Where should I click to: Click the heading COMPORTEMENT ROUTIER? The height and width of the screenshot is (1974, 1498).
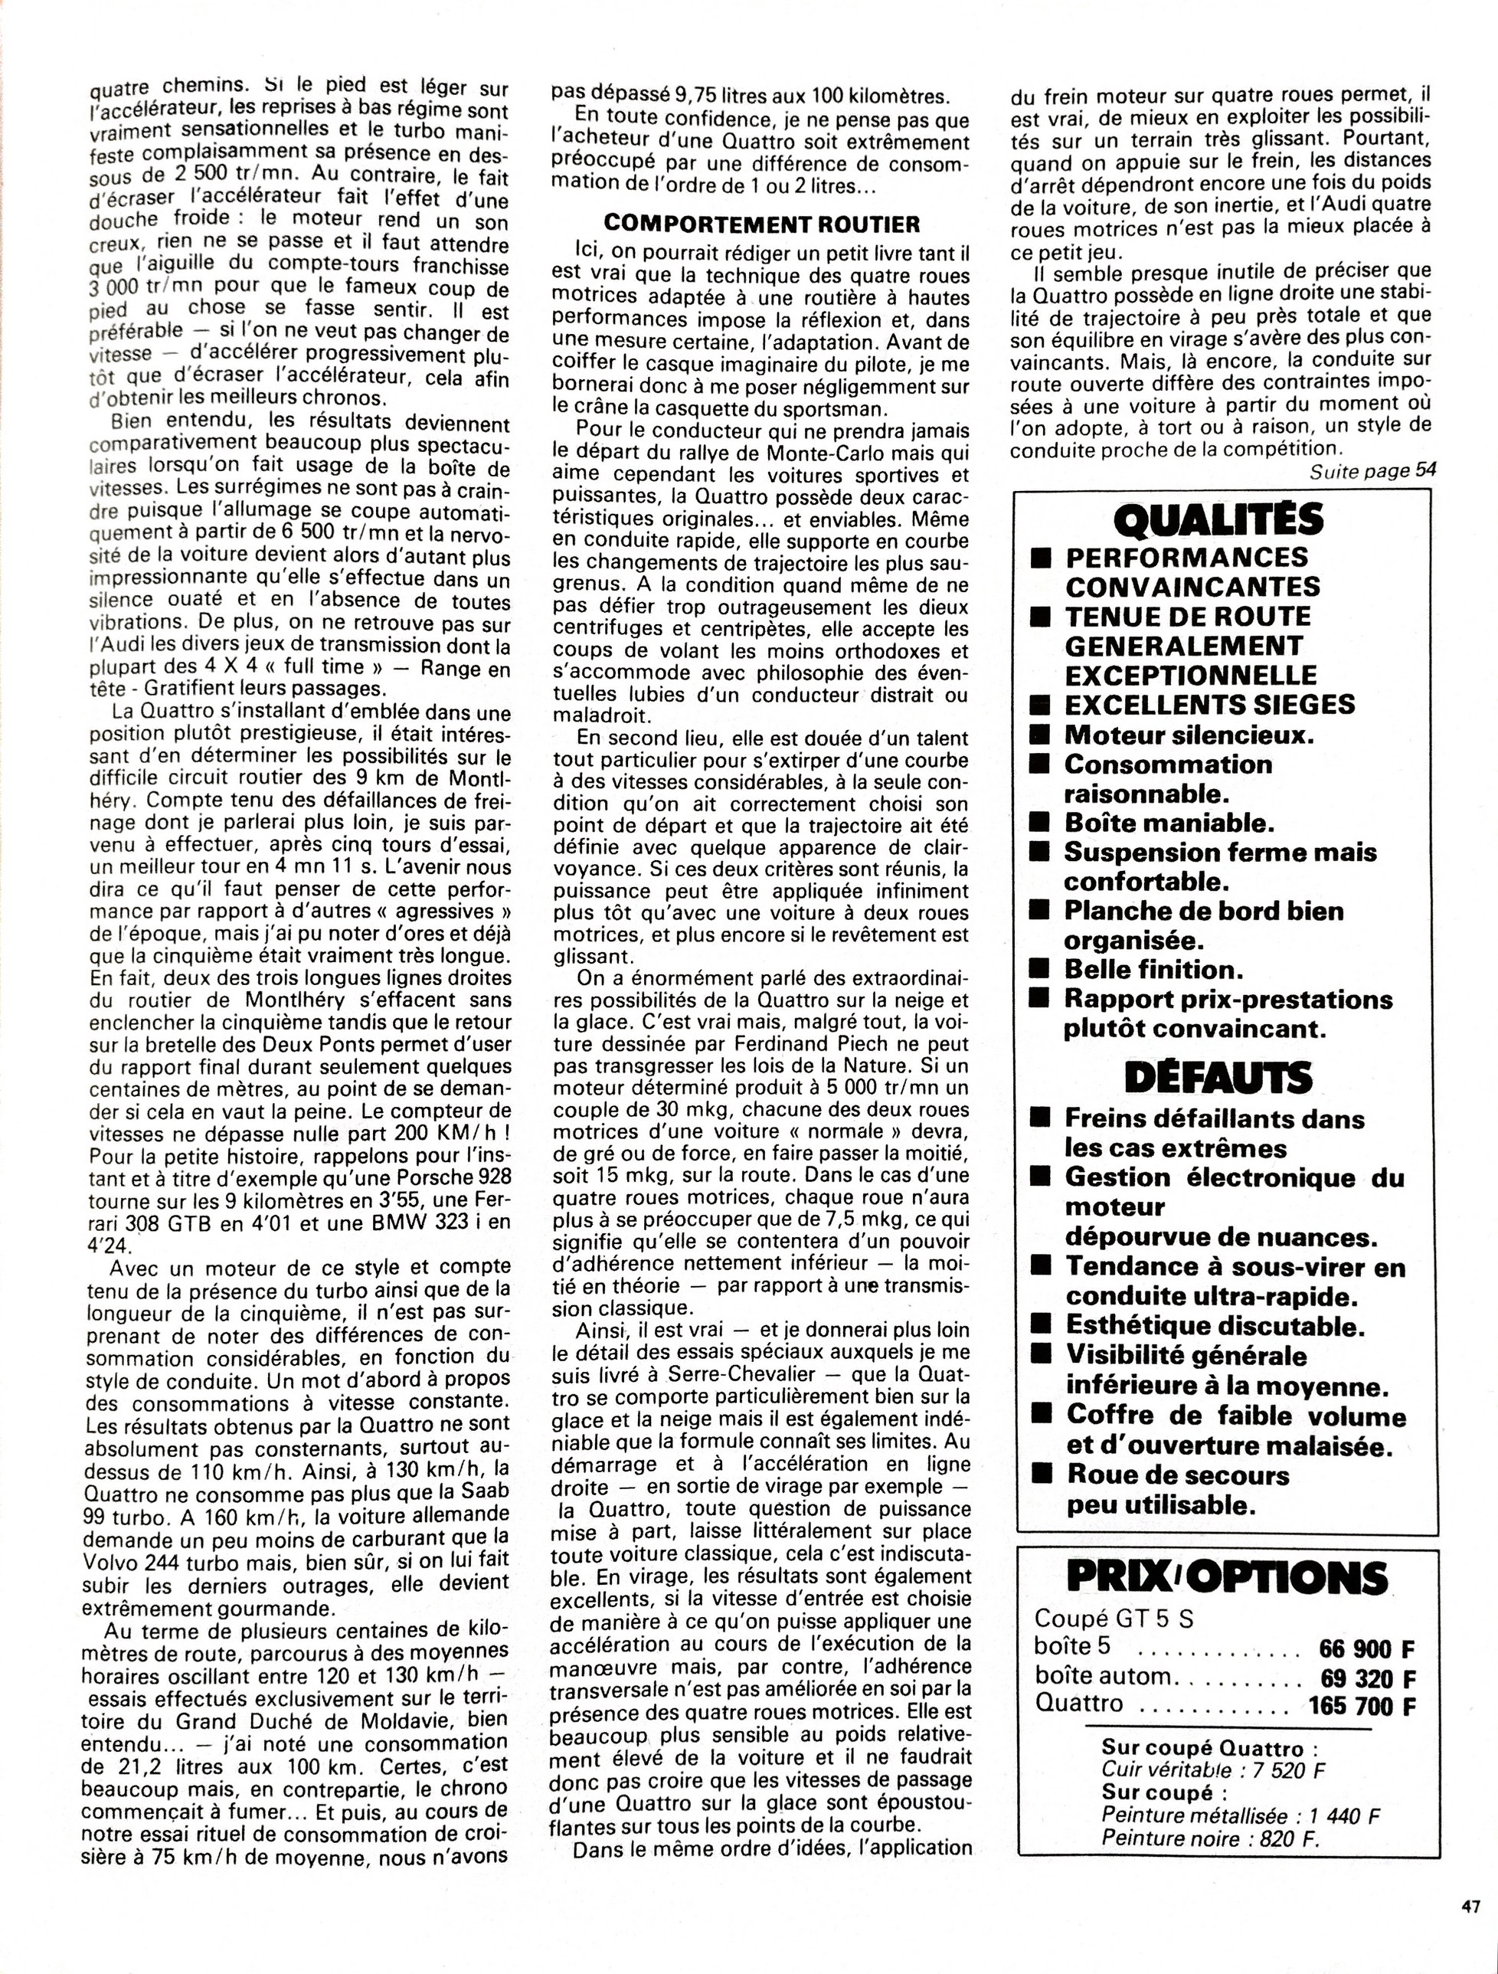point(761,223)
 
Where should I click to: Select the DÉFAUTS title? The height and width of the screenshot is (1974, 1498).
point(1218,1078)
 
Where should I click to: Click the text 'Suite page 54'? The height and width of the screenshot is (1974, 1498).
point(1373,470)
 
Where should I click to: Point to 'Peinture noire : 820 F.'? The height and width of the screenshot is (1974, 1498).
point(1210,1838)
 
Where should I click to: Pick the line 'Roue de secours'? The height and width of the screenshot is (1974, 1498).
point(1177,1475)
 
